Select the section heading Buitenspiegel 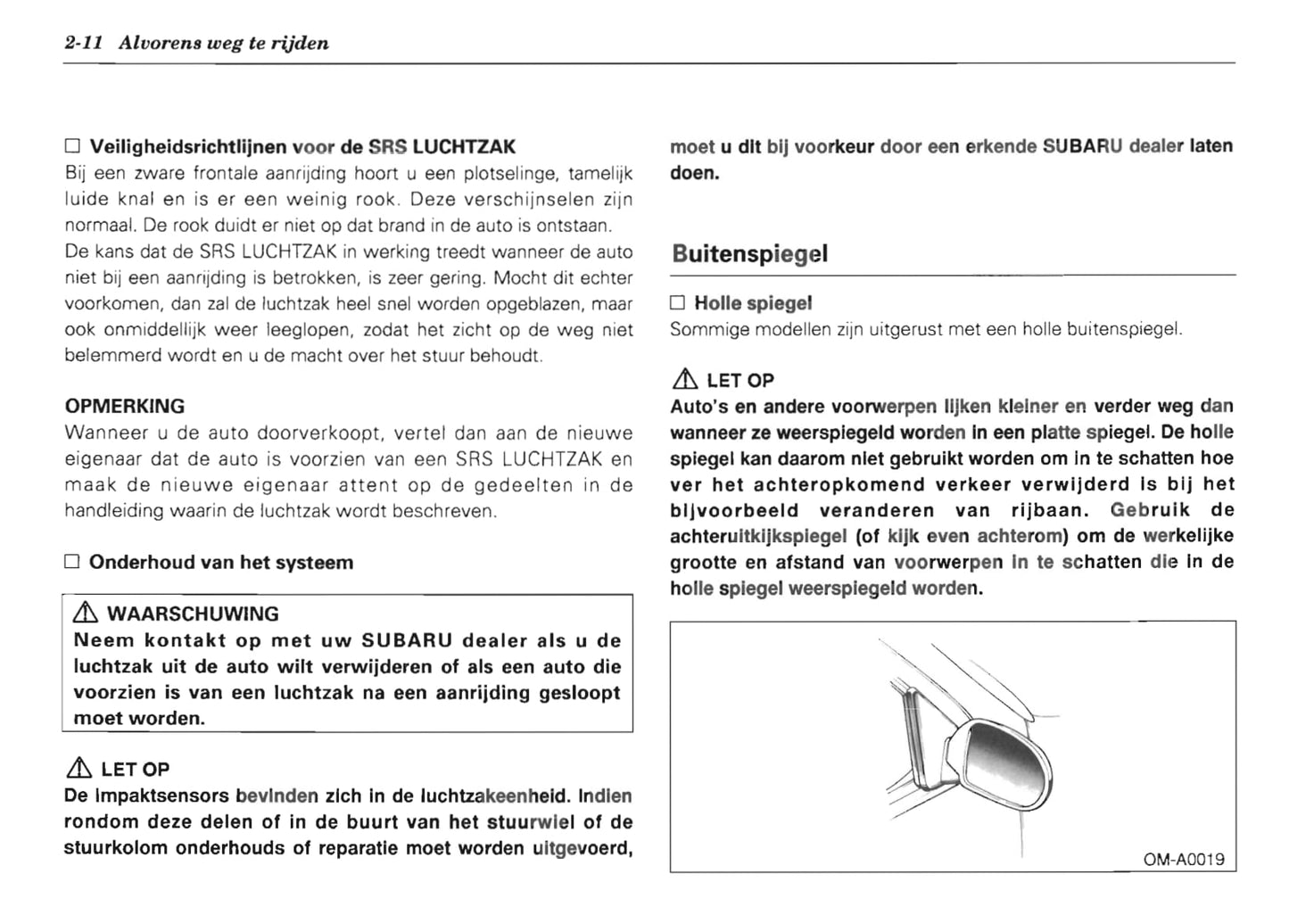(749, 254)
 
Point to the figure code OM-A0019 (1184, 860)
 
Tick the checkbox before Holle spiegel (677, 303)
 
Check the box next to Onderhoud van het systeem (72, 563)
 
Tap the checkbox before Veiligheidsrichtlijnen (72, 146)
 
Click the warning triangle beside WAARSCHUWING (86, 614)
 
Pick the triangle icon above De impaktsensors (79, 769)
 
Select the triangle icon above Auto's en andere (685, 380)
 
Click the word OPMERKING (125, 406)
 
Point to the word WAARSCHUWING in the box (193, 614)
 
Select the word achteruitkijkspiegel (758, 536)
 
